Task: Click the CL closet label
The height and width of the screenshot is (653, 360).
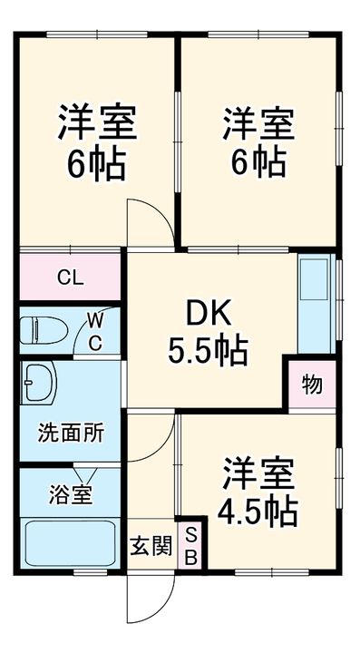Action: coord(71,278)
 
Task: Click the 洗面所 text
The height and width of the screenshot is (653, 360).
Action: coord(70,433)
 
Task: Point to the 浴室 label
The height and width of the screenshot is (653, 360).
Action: coord(68,495)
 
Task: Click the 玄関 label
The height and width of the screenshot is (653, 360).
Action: coord(151,547)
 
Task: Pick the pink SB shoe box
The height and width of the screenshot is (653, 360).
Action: coord(191,547)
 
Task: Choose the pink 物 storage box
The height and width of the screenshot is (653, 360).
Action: coord(311,384)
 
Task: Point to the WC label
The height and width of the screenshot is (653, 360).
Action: coord(95,331)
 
